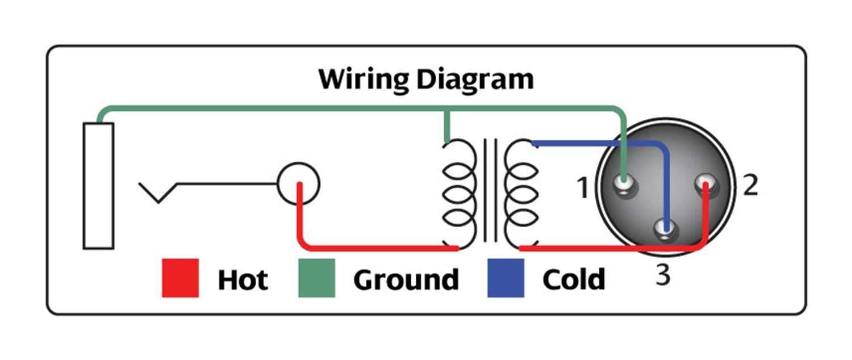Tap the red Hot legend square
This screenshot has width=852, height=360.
coord(180,278)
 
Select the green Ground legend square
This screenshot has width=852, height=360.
coord(316,278)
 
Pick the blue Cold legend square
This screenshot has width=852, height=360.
coord(506,278)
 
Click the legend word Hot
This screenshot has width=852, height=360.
coord(243,280)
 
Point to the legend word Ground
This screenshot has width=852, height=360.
coord(406,280)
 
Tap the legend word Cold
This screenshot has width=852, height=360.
coord(574,280)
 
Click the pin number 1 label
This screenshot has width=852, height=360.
coord(582,188)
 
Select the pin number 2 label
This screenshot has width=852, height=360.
coord(750,185)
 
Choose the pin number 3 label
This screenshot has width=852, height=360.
coord(663,275)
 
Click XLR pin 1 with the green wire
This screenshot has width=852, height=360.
coord(625,185)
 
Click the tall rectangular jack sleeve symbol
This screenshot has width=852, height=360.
coord(98,186)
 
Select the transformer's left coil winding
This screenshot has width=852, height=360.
coord(460,194)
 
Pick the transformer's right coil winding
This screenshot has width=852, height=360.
coord(521,194)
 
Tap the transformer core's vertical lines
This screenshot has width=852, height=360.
coord(490,190)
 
